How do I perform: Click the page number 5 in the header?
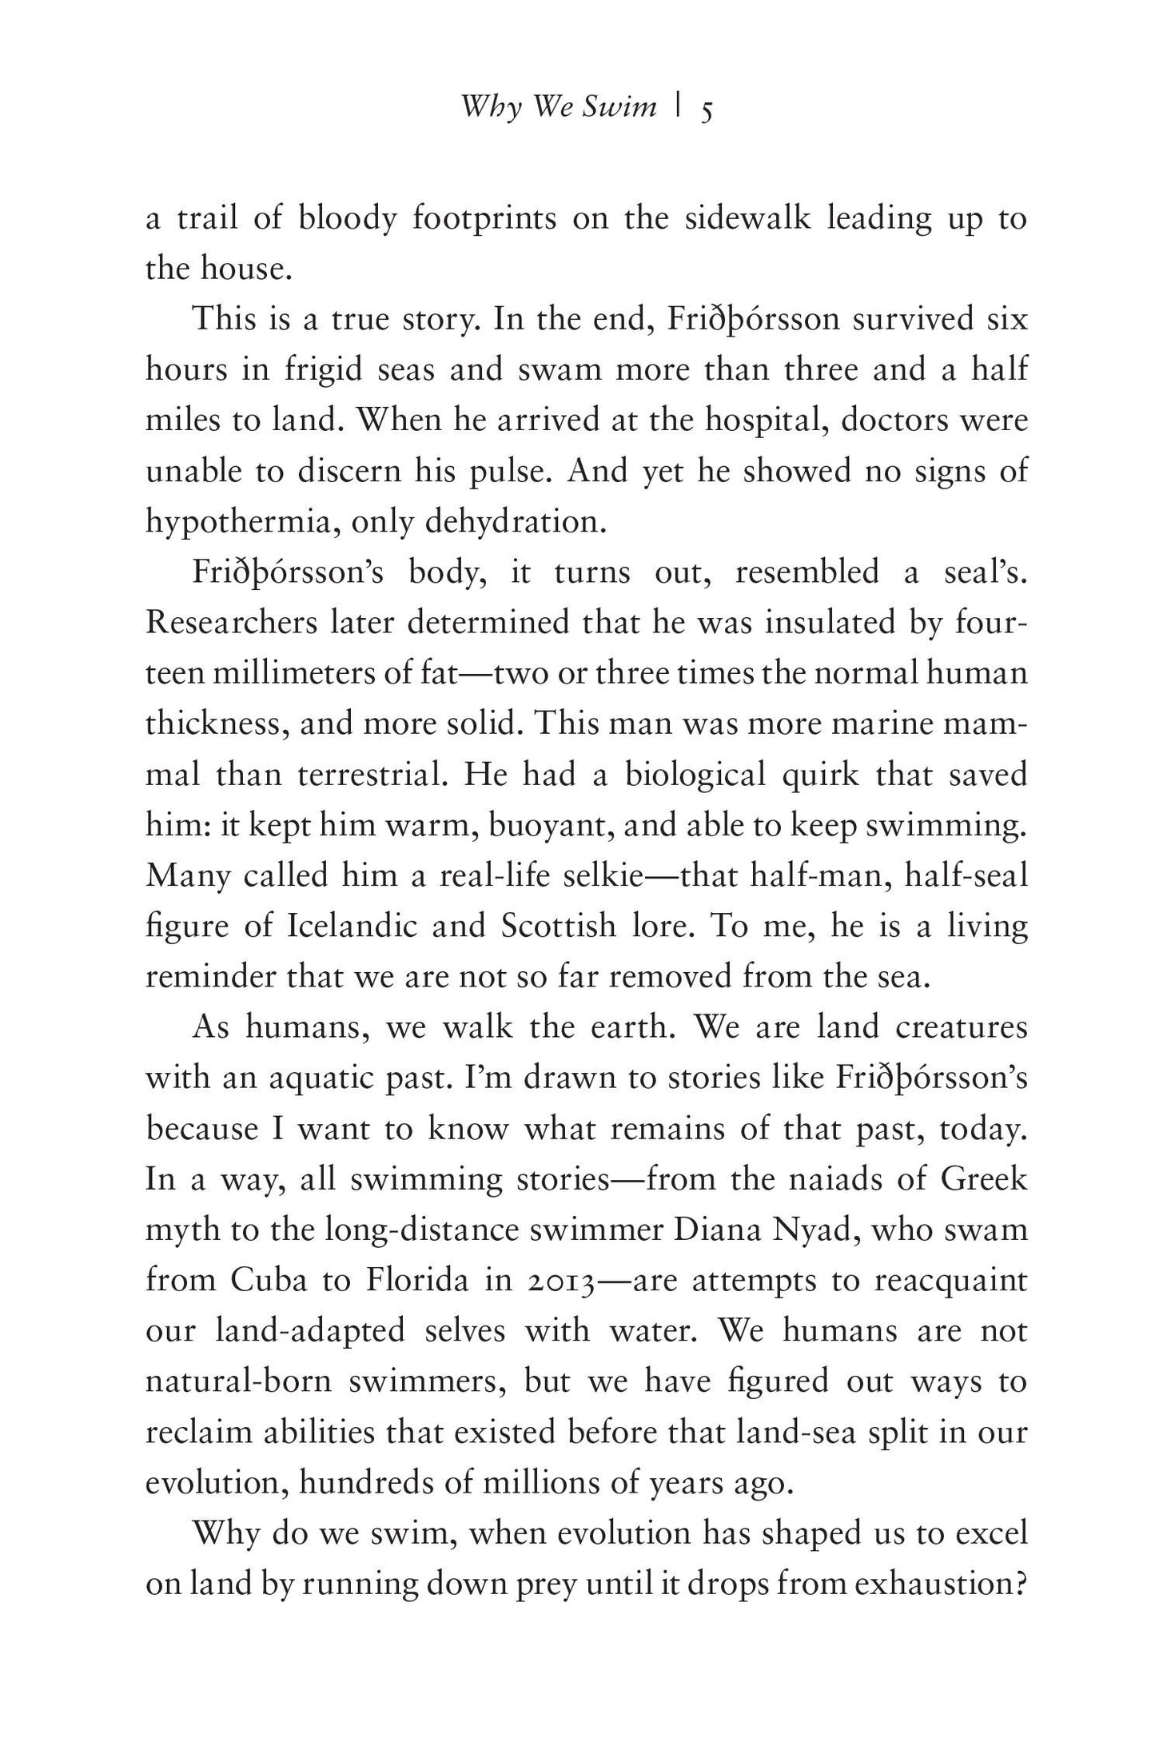point(707,110)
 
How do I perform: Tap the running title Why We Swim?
point(559,106)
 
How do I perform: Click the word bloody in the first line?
point(347,218)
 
